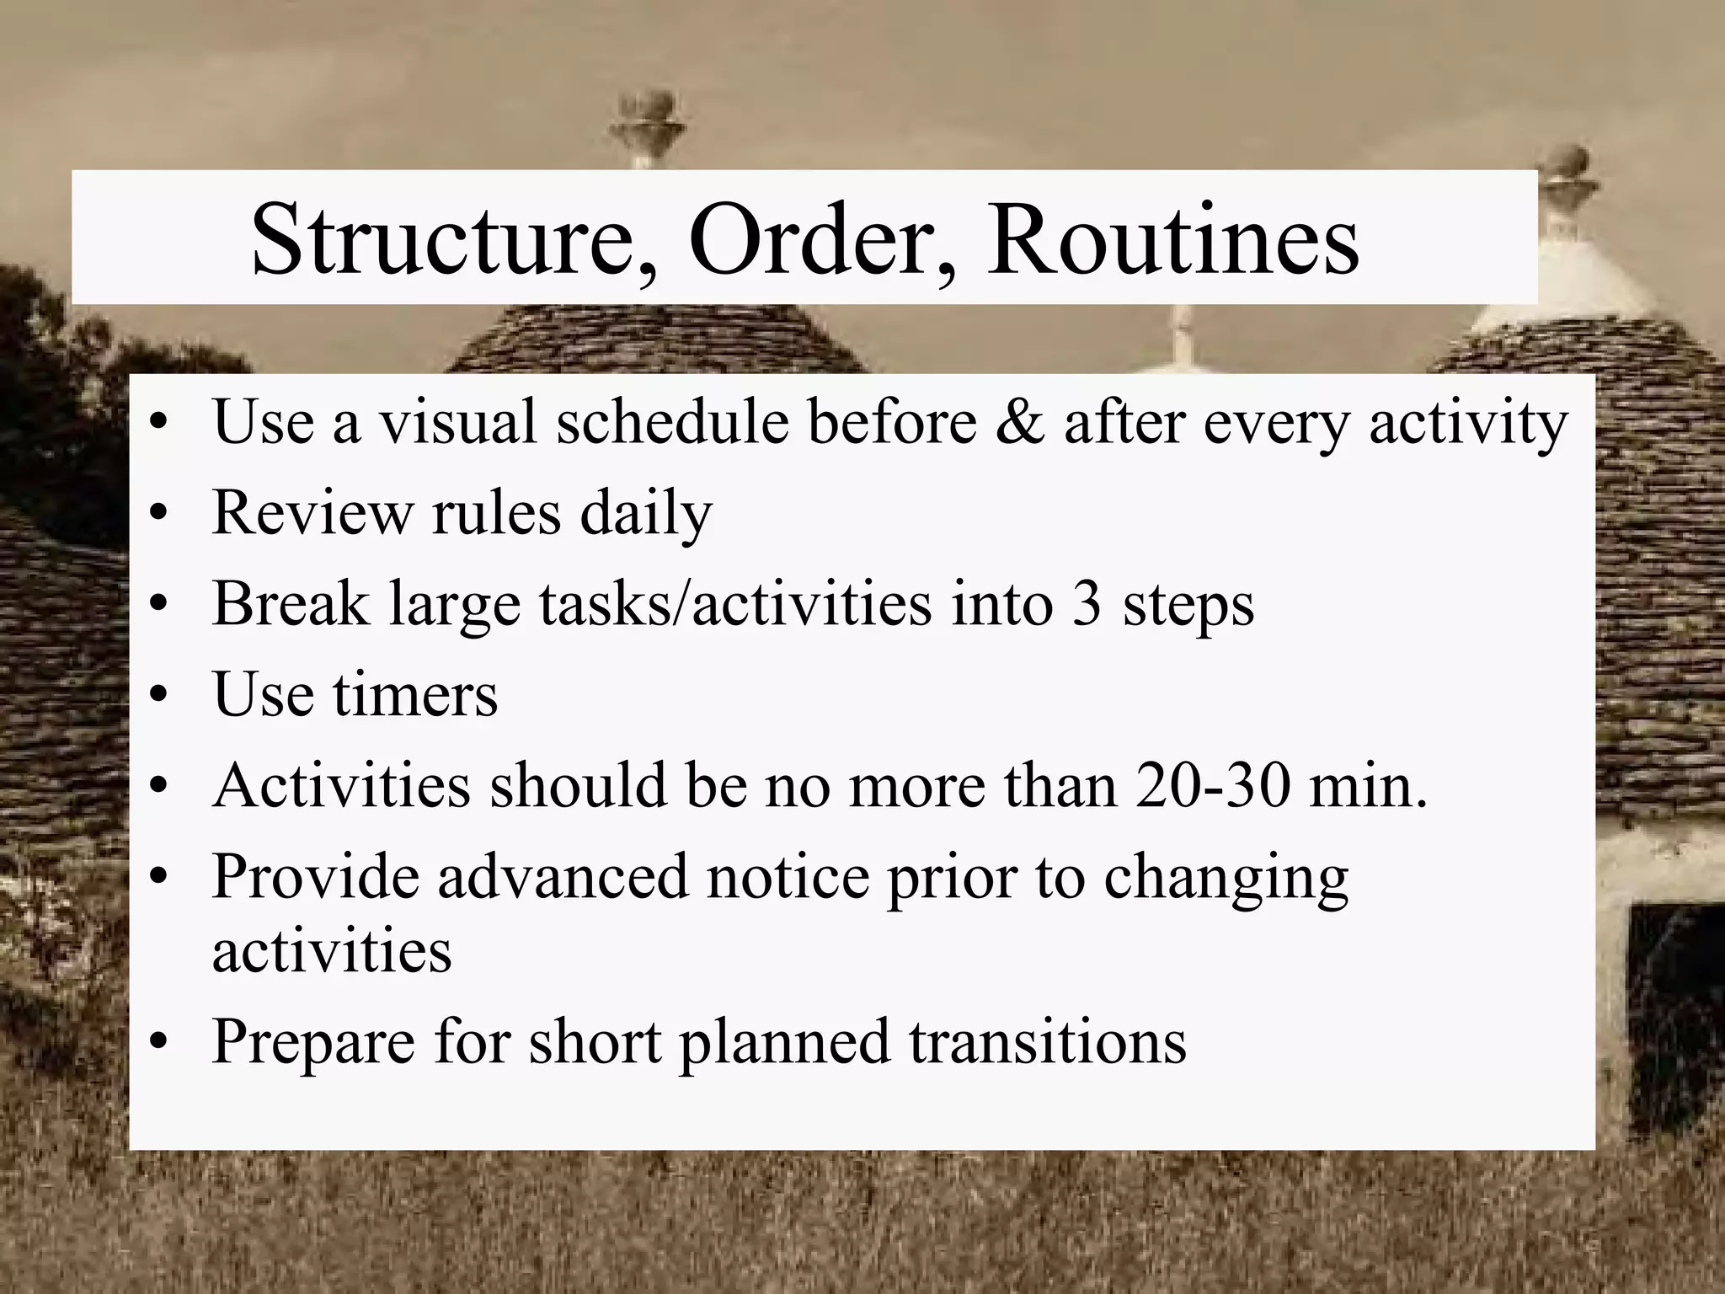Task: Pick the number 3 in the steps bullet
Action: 1087,604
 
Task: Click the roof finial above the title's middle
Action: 647,126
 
